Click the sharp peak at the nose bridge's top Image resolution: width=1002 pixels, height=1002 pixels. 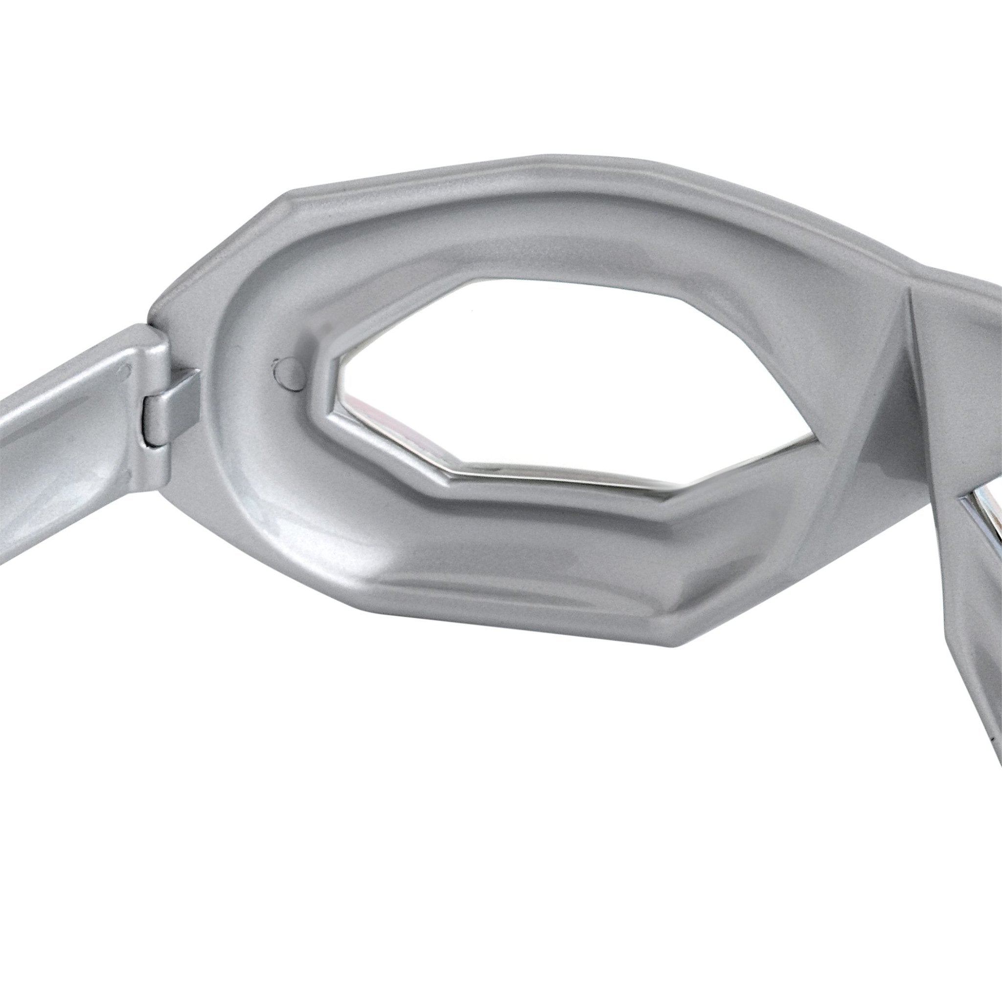click(x=908, y=291)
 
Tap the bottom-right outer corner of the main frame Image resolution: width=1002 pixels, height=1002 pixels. click(x=669, y=646)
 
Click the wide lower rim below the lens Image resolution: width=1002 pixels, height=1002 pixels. click(x=519, y=560)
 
